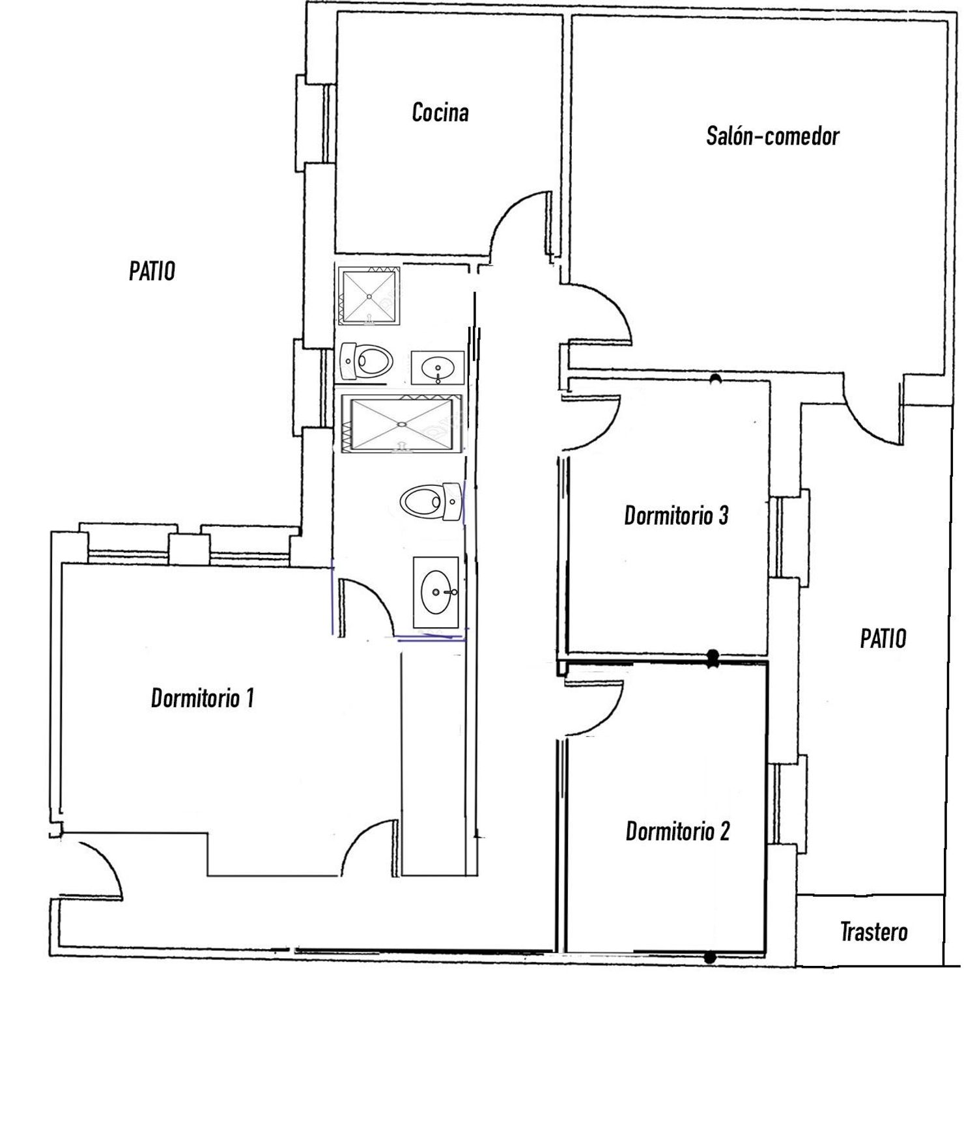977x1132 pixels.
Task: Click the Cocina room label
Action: point(440,112)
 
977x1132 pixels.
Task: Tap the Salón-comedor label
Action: point(772,136)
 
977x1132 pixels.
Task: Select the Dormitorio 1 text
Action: point(203,698)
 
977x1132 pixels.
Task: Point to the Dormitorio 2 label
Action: point(677,831)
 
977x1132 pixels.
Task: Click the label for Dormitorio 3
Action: point(676,515)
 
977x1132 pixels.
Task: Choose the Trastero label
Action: point(873,931)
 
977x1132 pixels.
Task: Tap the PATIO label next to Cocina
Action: point(152,270)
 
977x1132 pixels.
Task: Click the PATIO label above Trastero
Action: point(883,638)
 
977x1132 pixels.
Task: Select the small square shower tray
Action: point(369,296)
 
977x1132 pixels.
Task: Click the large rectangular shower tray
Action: point(401,424)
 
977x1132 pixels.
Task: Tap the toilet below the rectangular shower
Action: point(431,501)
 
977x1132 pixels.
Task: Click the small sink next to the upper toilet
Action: point(437,368)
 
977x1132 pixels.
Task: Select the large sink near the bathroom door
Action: point(436,593)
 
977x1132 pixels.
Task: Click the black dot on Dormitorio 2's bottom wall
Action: point(710,957)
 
